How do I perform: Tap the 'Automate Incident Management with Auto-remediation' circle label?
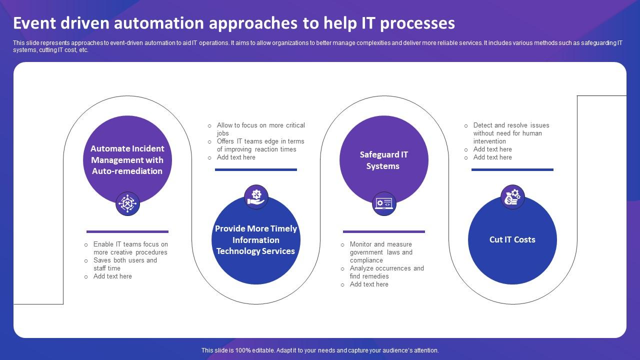coord(127,160)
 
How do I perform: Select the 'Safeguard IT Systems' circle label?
coord(383,160)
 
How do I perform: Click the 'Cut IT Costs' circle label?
coord(512,239)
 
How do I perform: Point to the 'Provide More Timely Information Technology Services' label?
coord(256,240)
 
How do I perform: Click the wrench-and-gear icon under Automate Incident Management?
coord(127,203)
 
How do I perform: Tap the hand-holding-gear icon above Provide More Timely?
coord(256,196)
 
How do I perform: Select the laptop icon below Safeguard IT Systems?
coord(384,203)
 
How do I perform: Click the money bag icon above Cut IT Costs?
coord(512,196)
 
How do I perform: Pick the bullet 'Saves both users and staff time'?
coord(125,264)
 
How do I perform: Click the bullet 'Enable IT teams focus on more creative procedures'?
coord(130,248)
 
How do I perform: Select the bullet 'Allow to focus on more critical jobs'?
coord(260,129)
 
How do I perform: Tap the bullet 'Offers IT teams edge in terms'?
coord(260,145)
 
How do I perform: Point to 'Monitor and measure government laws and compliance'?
coord(381,252)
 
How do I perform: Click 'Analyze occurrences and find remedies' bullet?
coord(386,272)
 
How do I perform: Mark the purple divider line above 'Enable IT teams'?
coord(127,231)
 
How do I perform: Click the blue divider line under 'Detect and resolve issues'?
coord(512,169)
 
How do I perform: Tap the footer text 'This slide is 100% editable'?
coord(320,350)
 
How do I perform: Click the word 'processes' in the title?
coord(423,23)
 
